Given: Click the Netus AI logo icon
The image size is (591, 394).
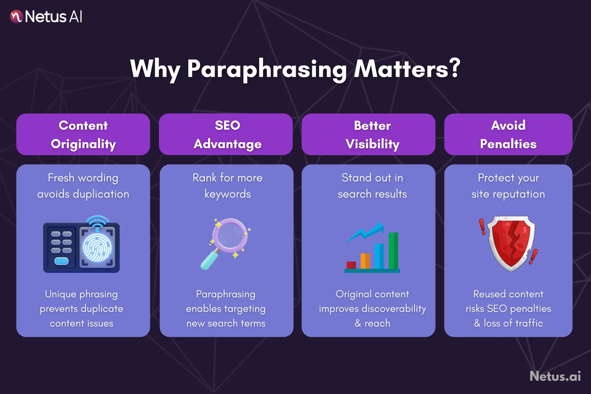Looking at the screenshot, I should (16, 17).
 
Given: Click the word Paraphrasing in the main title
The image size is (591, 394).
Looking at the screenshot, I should (267, 69).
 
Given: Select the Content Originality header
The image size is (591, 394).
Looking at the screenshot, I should (83, 134).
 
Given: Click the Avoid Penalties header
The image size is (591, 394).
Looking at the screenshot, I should (508, 134).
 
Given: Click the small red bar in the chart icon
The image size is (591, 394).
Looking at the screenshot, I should (351, 265).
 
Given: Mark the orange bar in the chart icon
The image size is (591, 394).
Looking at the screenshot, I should (365, 261).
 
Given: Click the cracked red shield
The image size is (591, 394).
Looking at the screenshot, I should (511, 243).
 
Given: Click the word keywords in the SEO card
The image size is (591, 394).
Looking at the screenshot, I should (228, 194).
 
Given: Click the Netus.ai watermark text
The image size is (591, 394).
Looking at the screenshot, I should (555, 376).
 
